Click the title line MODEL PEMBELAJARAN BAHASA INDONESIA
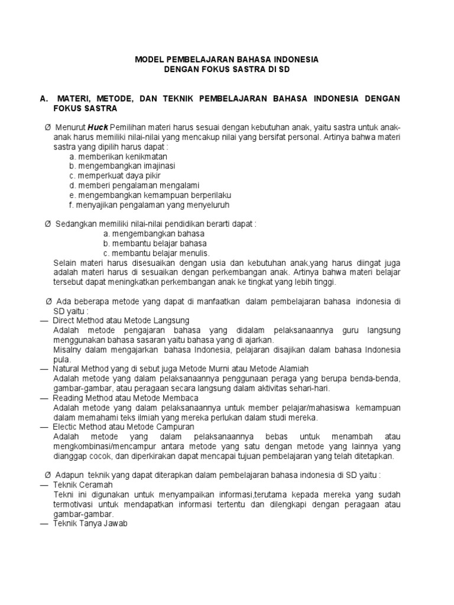227,60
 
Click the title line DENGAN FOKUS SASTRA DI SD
227,70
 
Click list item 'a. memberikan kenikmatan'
118,157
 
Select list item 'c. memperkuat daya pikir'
115,176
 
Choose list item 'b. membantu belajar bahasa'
154,243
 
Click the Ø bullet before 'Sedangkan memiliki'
48,225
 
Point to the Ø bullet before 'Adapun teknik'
48,475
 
